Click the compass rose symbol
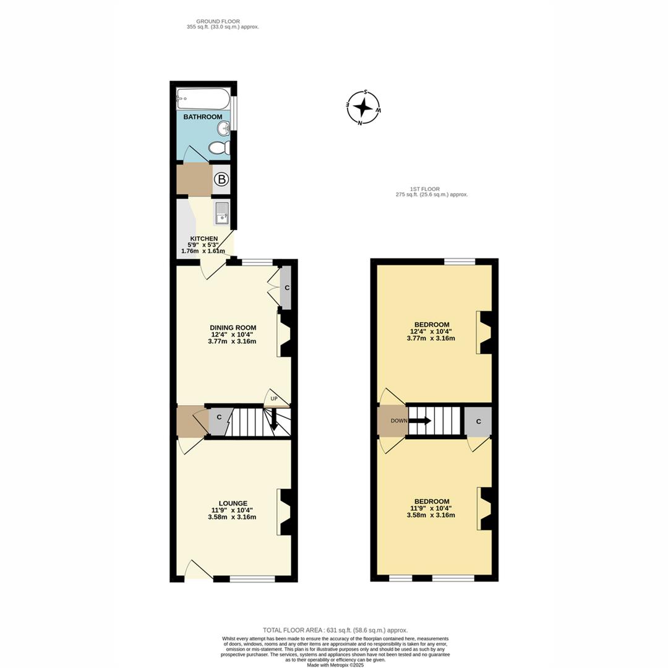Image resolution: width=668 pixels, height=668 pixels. click(363, 108)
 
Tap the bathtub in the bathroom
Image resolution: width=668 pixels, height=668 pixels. click(203, 98)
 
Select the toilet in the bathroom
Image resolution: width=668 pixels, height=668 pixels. click(219, 148)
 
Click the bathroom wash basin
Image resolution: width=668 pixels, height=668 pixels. click(223, 128)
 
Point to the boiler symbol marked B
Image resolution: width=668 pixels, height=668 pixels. click(221, 180)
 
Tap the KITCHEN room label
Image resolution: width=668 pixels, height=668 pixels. click(203, 238)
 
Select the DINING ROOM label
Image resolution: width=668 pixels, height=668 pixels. click(233, 328)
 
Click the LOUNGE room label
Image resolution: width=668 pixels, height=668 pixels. click(233, 503)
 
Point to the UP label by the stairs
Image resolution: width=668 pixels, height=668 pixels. click(273, 399)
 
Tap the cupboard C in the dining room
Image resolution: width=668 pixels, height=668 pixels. click(286, 288)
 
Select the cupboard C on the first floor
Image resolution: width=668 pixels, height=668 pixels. click(478, 421)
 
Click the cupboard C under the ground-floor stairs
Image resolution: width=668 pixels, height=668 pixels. click(219, 417)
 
